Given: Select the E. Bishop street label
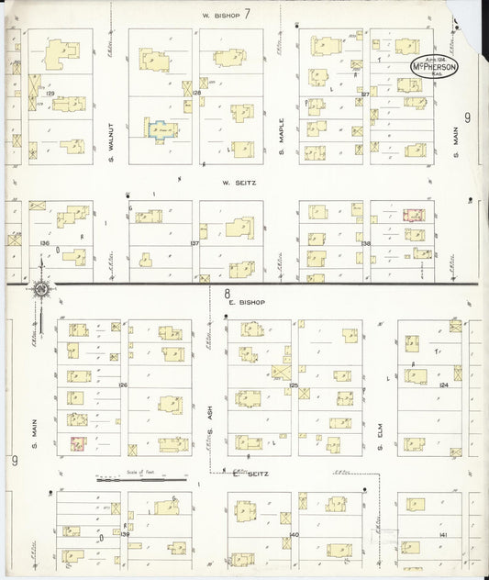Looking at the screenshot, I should (247, 302).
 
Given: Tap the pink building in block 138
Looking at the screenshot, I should (414, 216).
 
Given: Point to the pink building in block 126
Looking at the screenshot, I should (78, 443).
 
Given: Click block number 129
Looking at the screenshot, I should (51, 94).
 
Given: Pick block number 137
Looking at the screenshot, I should (194, 243).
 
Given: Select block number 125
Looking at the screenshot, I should (295, 385).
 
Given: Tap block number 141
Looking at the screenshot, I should (443, 534).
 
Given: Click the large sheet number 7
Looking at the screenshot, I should (247, 13).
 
